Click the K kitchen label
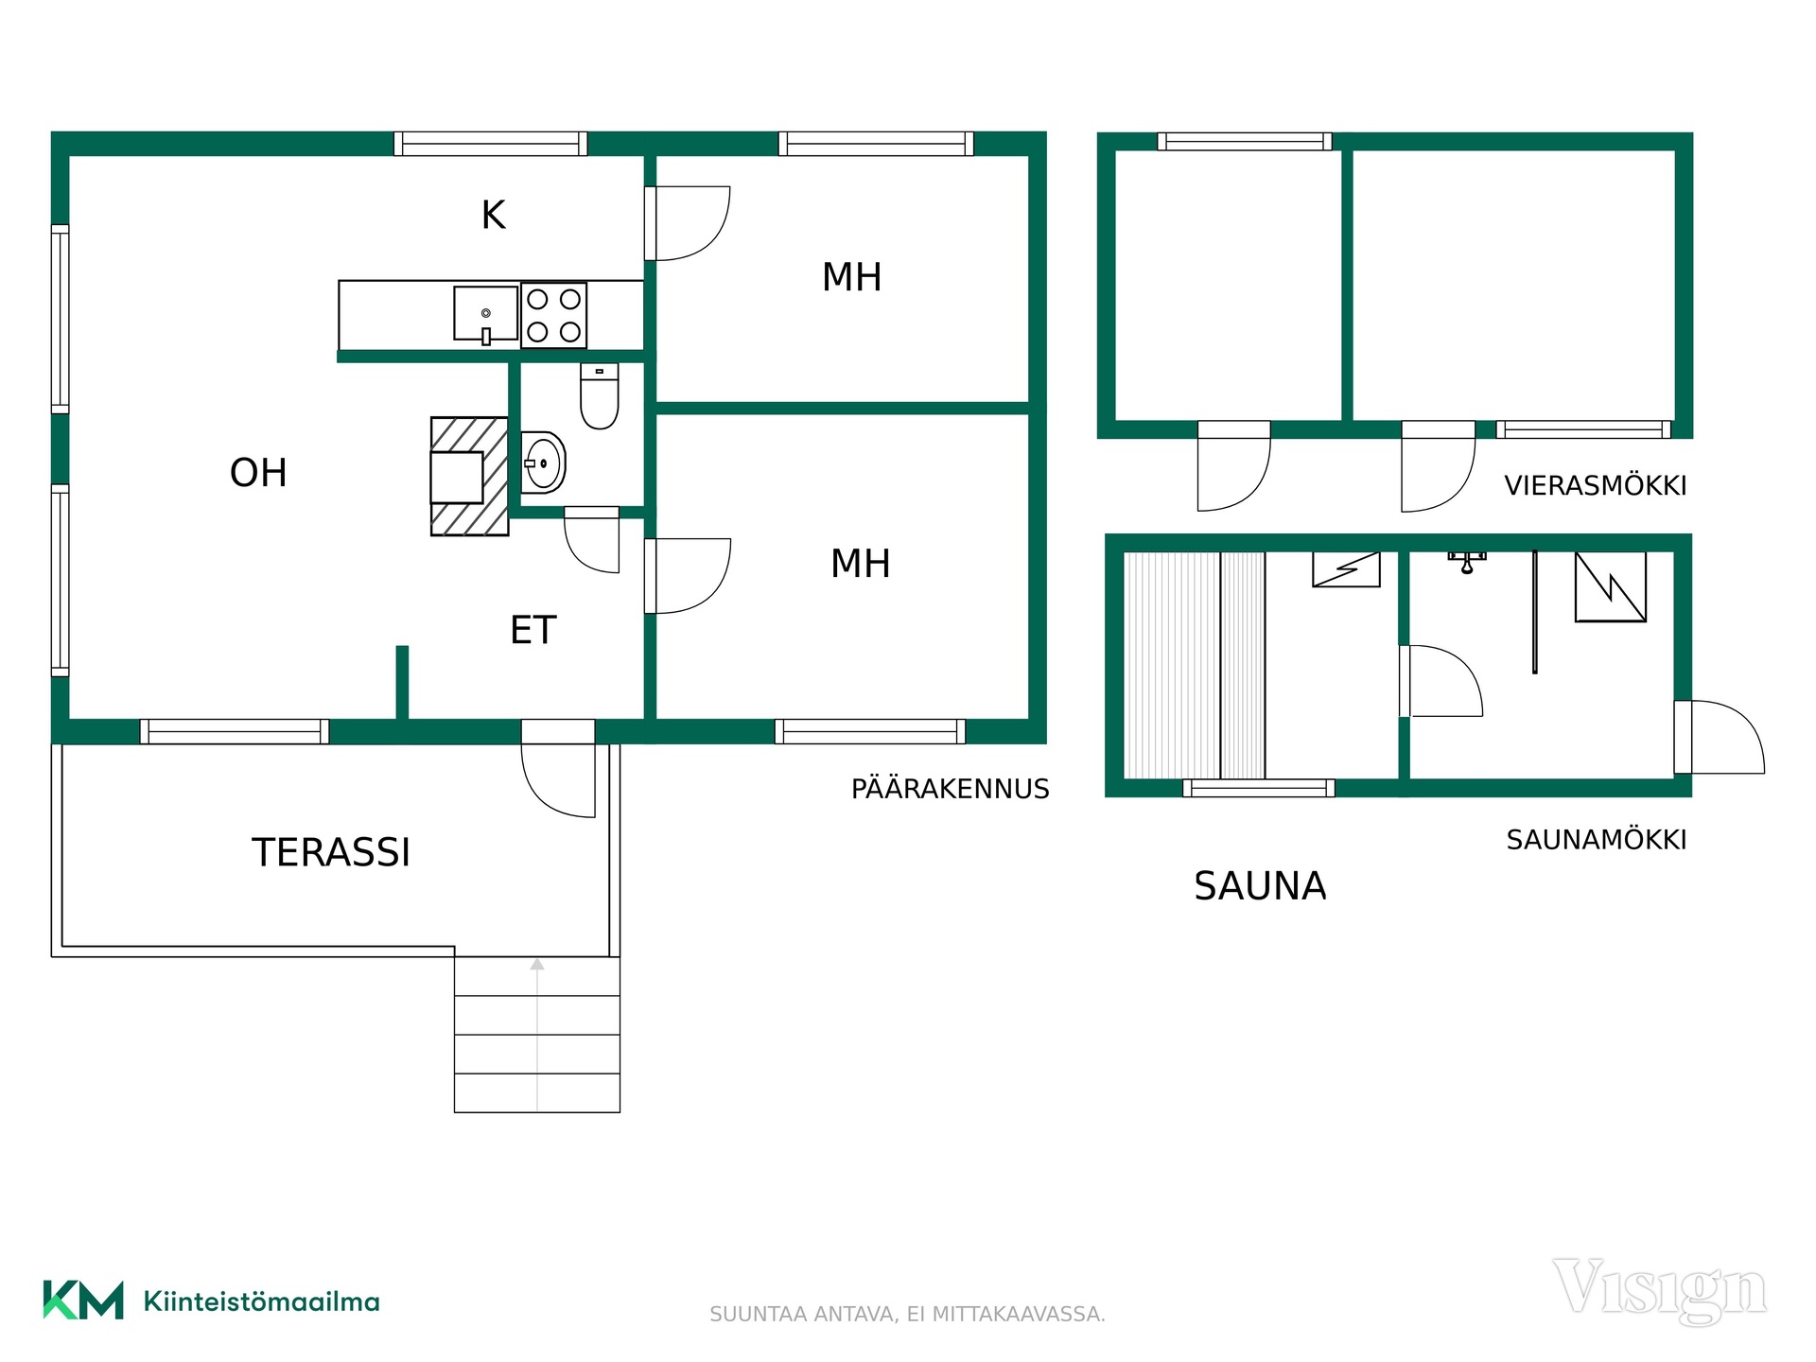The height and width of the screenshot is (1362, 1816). click(x=493, y=215)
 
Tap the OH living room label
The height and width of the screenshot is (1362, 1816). click(x=258, y=473)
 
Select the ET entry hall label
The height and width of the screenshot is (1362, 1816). click(x=533, y=630)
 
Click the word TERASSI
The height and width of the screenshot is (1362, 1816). click(x=331, y=852)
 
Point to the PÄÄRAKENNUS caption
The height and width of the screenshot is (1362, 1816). click(x=951, y=788)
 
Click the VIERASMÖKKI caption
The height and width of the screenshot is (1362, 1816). click(x=1596, y=485)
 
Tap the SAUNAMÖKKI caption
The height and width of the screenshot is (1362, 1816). click(x=1597, y=839)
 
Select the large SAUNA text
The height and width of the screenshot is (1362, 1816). click(x=1260, y=886)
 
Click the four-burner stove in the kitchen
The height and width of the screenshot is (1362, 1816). click(x=554, y=315)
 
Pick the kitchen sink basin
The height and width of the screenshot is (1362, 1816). click(x=485, y=313)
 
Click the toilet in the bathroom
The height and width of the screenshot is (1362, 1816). click(x=599, y=396)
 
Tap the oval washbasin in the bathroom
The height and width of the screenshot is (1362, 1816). click(x=543, y=463)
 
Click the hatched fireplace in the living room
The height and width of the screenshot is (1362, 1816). click(x=469, y=477)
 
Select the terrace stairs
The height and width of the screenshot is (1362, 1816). click(x=537, y=1035)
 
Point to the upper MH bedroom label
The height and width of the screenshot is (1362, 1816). click(x=852, y=277)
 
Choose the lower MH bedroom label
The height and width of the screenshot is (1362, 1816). click(x=861, y=564)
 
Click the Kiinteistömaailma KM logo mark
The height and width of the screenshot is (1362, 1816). click(x=83, y=1301)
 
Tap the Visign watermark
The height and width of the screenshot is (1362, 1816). click(x=1660, y=1290)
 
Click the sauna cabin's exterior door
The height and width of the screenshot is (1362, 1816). click(x=1719, y=737)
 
